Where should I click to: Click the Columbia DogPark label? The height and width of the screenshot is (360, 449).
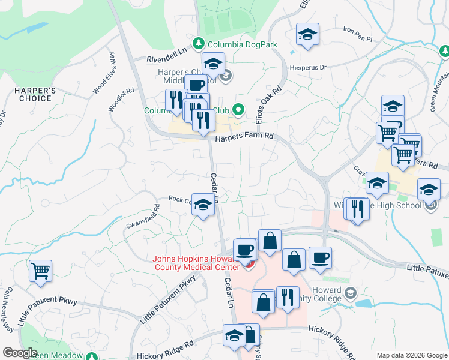point(242,44)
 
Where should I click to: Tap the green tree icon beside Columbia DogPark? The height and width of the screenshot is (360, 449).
point(199,44)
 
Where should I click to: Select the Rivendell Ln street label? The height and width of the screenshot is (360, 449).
point(168,59)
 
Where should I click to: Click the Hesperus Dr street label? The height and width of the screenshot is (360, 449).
point(310,68)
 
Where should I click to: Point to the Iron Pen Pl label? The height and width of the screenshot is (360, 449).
point(358,34)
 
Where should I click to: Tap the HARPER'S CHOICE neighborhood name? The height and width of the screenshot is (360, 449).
point(35,95)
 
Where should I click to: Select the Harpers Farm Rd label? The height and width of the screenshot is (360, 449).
point(244,137)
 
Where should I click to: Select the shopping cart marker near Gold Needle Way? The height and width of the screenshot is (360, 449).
point(41,271)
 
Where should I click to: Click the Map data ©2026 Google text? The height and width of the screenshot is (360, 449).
point(411,355)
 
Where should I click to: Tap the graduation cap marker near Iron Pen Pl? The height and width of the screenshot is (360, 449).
point(307,35)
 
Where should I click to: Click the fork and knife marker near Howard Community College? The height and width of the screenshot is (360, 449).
point(288,298)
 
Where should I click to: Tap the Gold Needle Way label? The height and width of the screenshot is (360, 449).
point(8,312)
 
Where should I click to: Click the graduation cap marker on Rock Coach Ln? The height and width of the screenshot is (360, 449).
point(203,205)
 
